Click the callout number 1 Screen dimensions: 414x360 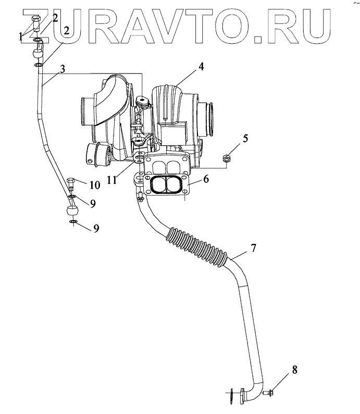point(21,36)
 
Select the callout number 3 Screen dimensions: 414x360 point(63,69)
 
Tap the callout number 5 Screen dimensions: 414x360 point(245,139)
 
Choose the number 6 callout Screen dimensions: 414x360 point(206,179)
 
